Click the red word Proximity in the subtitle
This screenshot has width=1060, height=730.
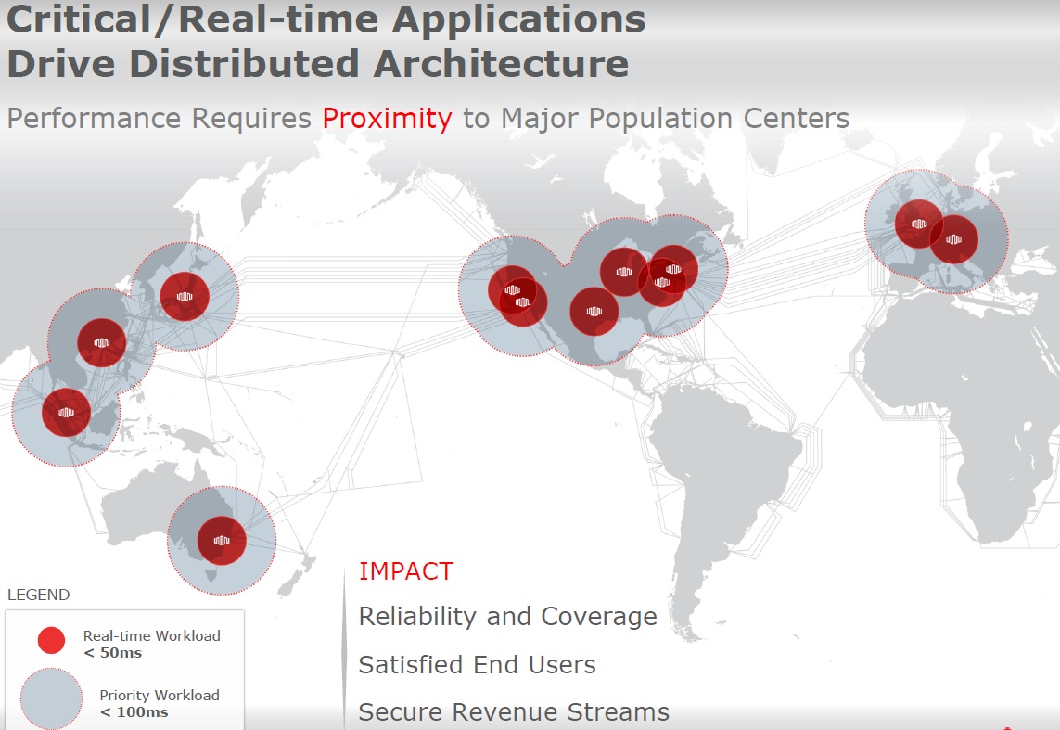click(x=387, y=119)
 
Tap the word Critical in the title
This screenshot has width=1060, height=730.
click(x=79, y=19)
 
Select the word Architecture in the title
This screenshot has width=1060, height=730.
click(x=501, y=63)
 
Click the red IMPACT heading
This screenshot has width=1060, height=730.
click(x=405, y=571)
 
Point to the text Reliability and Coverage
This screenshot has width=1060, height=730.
click(x=507, y=617)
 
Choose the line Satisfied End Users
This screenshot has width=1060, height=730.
click(x=478, y=664)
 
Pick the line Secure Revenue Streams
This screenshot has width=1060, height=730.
click(x=514, y=711)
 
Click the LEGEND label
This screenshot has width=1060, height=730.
click(x=39, y=595)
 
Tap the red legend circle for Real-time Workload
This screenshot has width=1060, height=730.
click(x=51, y=640)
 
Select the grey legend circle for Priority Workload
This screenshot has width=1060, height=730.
click(x=51, y=698)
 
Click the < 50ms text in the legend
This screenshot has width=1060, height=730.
click(x=113, y=653)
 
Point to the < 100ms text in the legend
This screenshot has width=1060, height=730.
click(x=134, y=712)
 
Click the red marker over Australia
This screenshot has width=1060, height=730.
click(x=222, y=541)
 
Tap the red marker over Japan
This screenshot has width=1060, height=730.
click(x=185, y=297)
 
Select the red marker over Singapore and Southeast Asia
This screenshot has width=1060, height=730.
click(x=66, y=413)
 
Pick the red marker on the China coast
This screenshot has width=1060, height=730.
click(x=102, y=342)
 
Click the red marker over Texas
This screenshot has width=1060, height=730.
click(x=594, y=312)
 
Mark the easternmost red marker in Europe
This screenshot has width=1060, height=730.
click(x=954, y=239)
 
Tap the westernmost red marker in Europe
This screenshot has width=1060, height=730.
click(x=919, y=224)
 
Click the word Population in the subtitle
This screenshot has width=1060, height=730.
click(x=660, y=119)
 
